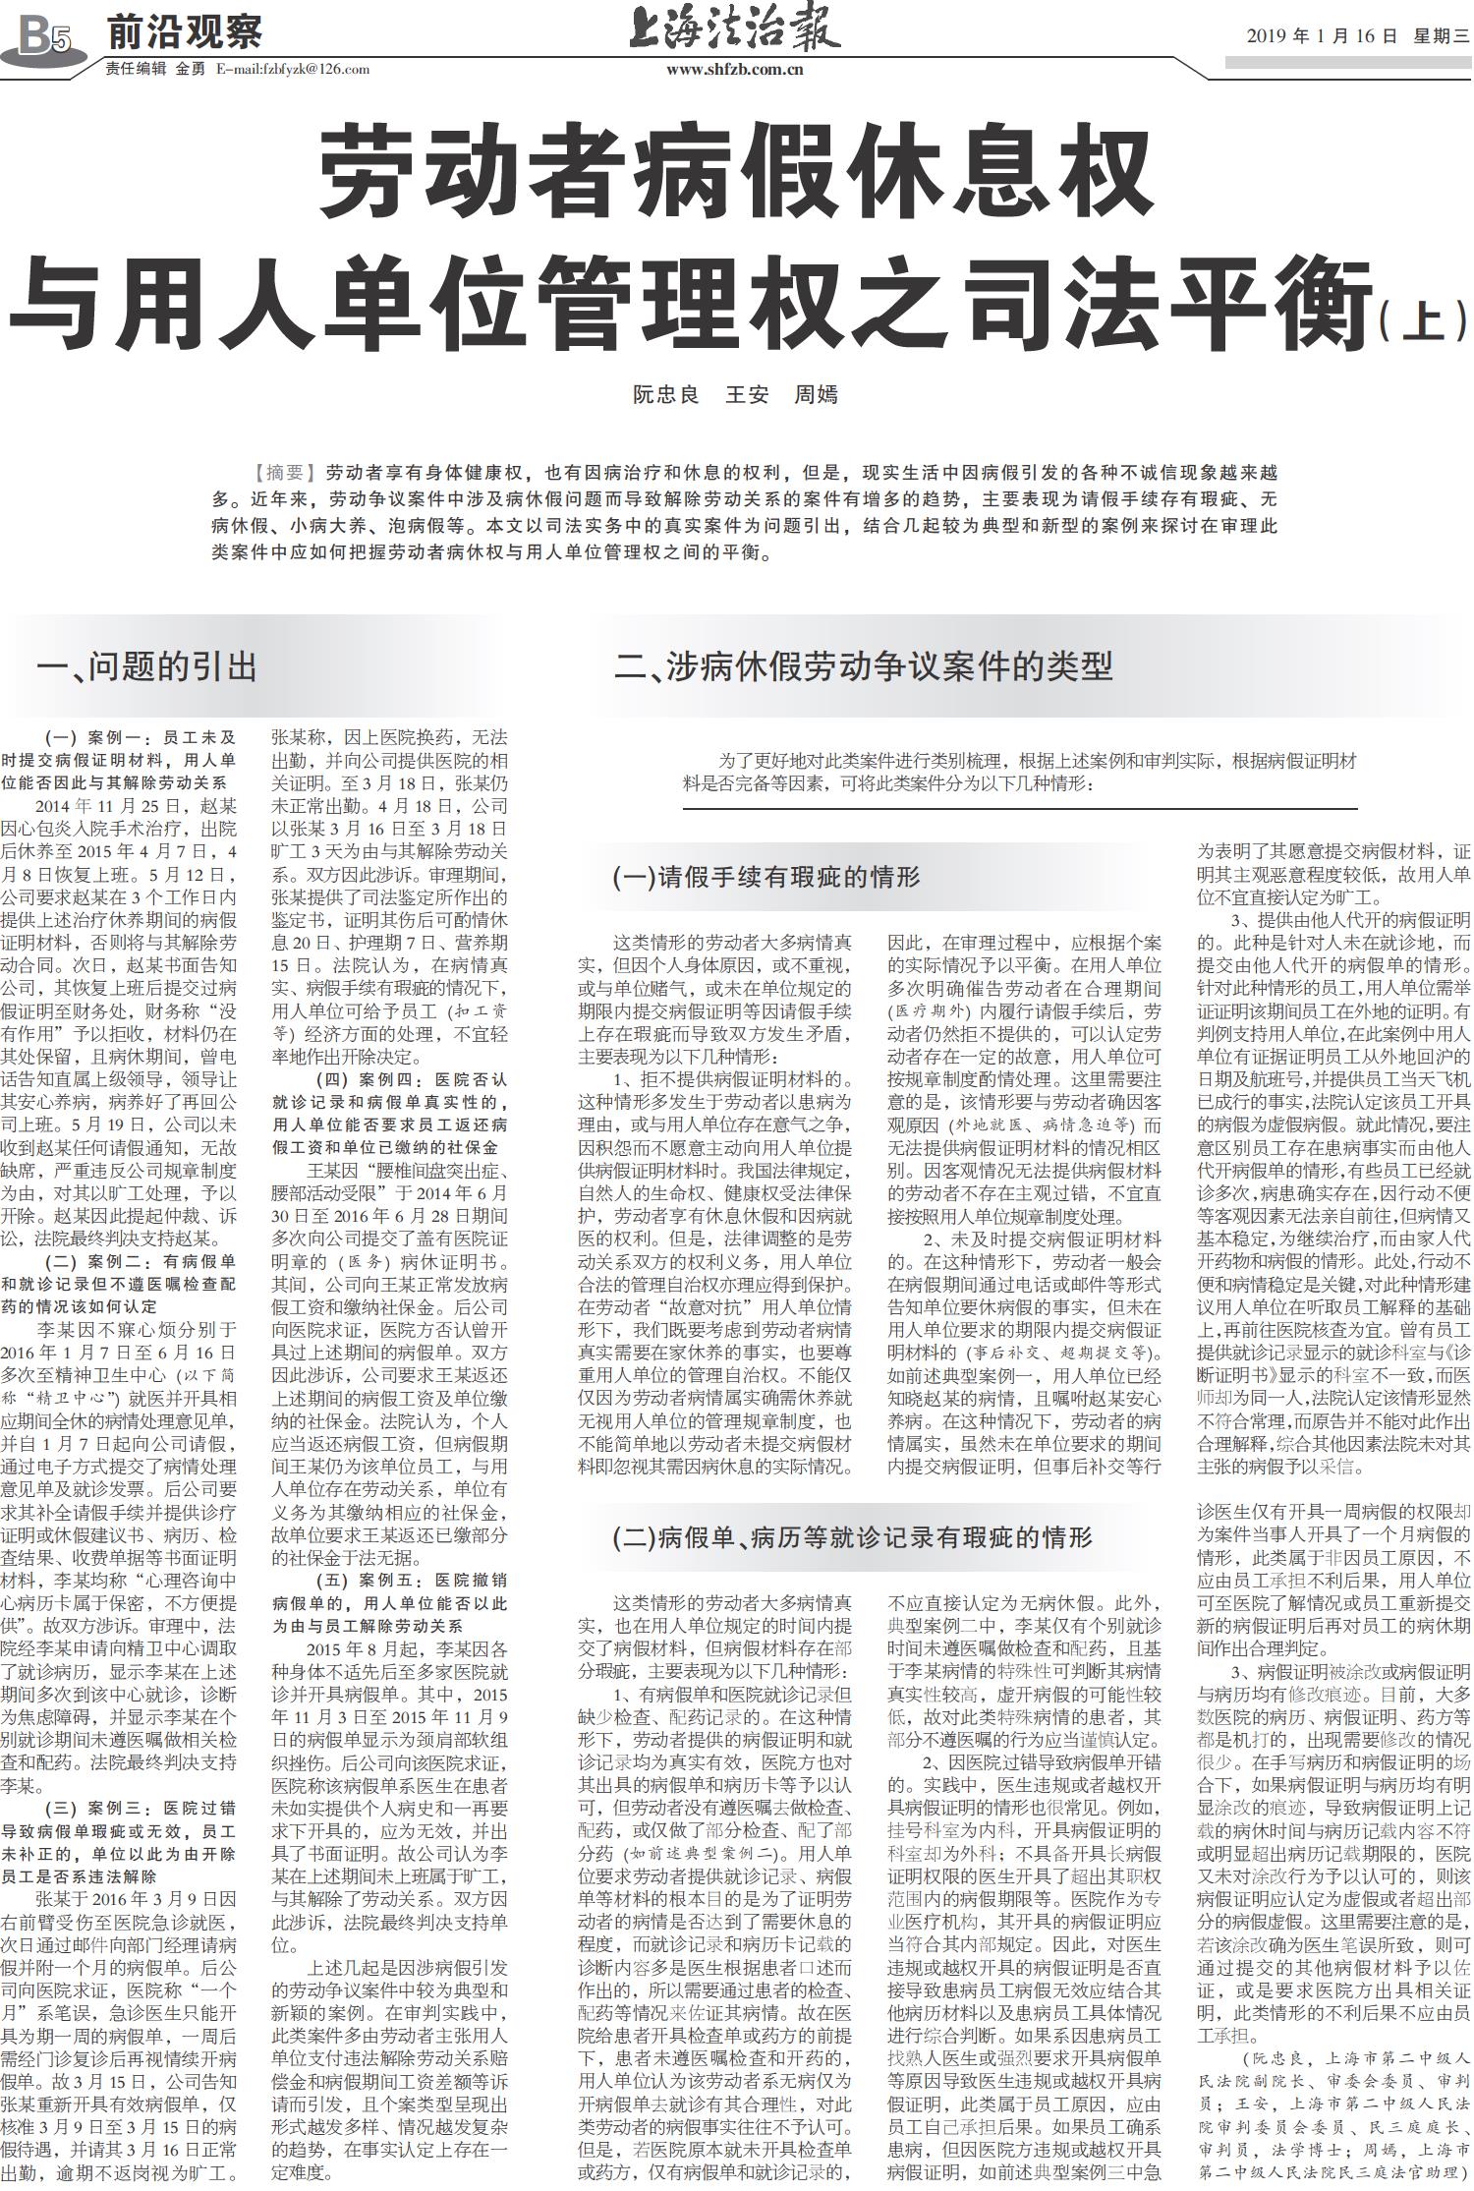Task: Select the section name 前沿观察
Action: tap(185, 32)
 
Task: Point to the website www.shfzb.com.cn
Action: tap(735, 69)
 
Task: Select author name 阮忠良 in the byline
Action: tap(665, 396)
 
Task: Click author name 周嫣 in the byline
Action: tap(816, 396)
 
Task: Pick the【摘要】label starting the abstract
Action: tap(285, 472)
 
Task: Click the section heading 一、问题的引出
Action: tap(146, 667)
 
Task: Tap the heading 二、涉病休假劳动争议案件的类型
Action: tap(862, 667)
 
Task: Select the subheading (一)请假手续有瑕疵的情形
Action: tap(765, 877)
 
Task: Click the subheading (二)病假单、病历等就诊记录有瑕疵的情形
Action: tap(852, 1537)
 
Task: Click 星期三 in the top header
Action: tap(1442, 36)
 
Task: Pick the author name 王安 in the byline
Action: tap(746, 396)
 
